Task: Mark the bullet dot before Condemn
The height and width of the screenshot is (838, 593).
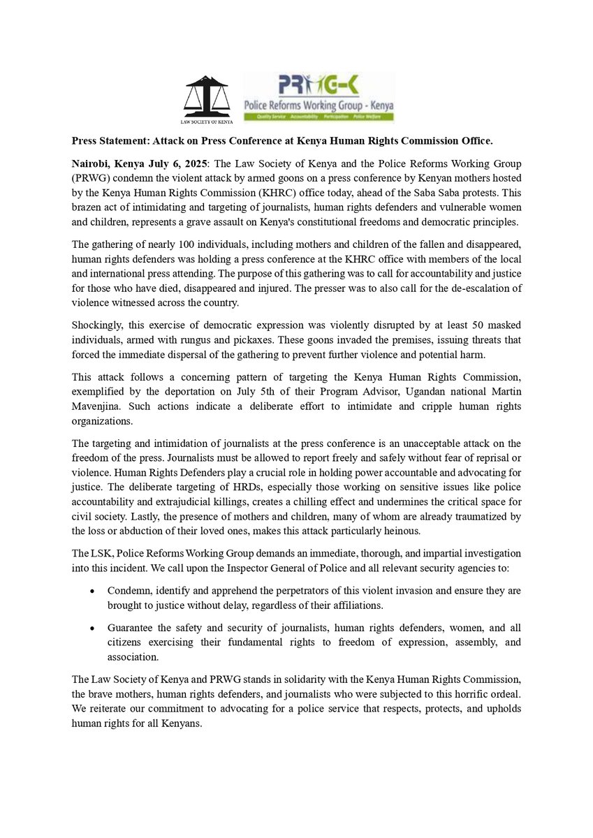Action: coord(93,591)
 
